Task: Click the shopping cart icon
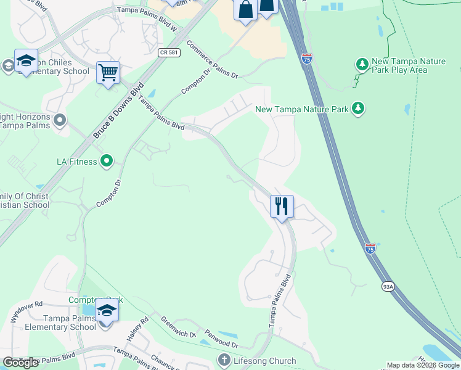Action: [x=108, y=73]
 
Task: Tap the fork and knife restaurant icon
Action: [x=282, y=206]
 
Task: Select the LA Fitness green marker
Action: [x=107, y=162]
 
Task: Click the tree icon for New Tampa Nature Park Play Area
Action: [x=361, y=64]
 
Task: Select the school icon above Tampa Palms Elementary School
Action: [x=107, y=310]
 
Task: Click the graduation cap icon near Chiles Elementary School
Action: [x=26, y=60]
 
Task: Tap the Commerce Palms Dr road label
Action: [x=211, y=60]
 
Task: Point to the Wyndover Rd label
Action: [x=27, y=313]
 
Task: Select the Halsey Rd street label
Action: [x=139, y=330]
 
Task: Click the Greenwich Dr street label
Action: [x=178, y=327]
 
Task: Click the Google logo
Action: [x=20, y=363]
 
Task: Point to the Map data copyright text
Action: [x=423, y=365]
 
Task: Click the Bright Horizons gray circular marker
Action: [x=60, y=119]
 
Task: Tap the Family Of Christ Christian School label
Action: [x=25, y=200]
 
